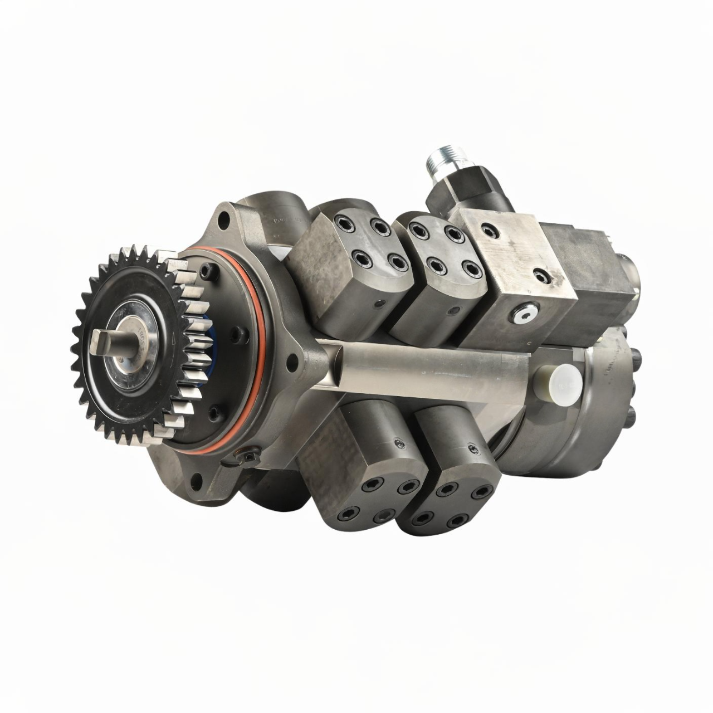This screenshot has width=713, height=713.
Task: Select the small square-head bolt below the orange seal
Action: click(246, 456)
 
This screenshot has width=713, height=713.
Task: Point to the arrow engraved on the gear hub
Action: click(178, 339)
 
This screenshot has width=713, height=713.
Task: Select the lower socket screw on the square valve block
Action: click(539, 274)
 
